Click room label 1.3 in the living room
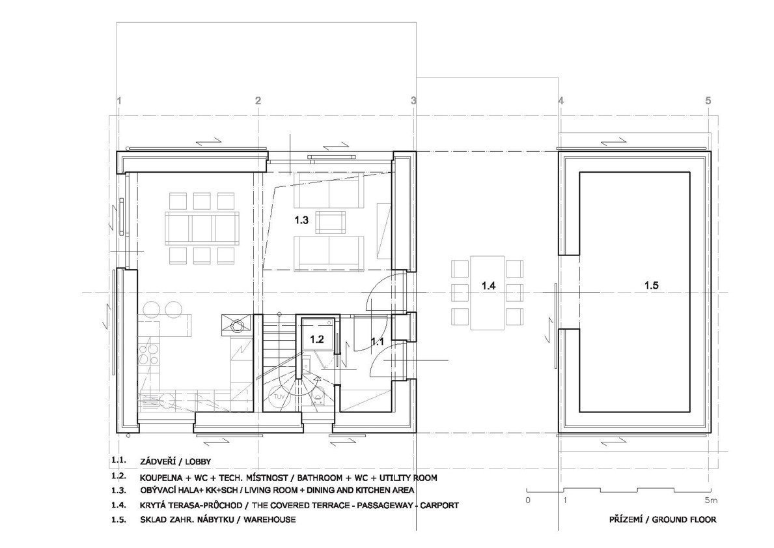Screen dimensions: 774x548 301,220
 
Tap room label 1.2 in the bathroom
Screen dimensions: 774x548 316,339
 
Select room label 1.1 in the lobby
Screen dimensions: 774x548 378,341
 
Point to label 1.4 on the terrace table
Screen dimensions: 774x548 488,285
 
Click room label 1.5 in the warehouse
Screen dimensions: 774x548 651,285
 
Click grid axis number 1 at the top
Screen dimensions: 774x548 119,101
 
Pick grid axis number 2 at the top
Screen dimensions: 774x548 258,101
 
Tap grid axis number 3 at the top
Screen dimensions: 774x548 413,101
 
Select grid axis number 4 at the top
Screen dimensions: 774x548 560,101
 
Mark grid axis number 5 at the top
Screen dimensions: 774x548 708,101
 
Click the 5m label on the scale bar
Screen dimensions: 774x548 711,500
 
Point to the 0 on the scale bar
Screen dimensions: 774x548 528,500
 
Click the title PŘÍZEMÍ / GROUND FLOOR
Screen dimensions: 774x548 663,519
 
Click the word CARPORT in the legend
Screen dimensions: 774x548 440,506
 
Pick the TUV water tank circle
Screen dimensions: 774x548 279,396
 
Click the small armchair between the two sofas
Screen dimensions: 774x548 331,222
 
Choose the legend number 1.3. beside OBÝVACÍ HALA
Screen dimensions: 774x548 119,490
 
